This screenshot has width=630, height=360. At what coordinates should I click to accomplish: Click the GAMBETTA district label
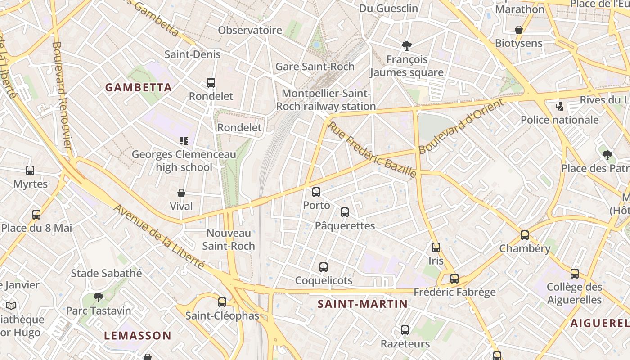pos(139,88)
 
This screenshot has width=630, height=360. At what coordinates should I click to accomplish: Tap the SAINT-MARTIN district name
pos(362,304)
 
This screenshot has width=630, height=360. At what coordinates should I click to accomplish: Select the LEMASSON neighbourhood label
pos(138,336)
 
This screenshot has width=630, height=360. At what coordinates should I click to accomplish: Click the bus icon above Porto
pos(316,192)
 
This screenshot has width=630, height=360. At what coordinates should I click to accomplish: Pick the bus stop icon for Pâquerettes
pos(345,212)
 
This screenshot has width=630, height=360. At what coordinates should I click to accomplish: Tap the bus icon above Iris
pos(436,247)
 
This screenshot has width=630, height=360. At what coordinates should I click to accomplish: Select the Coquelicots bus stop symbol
pos(324,267)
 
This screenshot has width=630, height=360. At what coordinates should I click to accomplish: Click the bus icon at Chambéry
pos(525,235)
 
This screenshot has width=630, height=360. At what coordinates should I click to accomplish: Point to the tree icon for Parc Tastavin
pos(99,297)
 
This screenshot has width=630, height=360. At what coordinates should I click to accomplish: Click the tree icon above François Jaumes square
pos(407,46)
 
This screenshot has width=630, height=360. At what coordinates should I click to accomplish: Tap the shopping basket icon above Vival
pos(181,193)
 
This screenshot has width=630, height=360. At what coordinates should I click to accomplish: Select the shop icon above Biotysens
pos(519,30)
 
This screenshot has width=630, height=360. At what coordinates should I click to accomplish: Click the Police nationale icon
pos(559,107)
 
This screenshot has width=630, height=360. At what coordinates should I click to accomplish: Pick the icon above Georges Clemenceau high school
pos(184,141)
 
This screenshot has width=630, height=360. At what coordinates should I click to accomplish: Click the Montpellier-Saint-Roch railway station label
pos(326,100)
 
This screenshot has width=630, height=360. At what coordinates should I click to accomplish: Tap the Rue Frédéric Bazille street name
pos(372,149)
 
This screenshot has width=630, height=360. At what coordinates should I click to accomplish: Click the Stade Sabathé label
pos(106,273)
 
